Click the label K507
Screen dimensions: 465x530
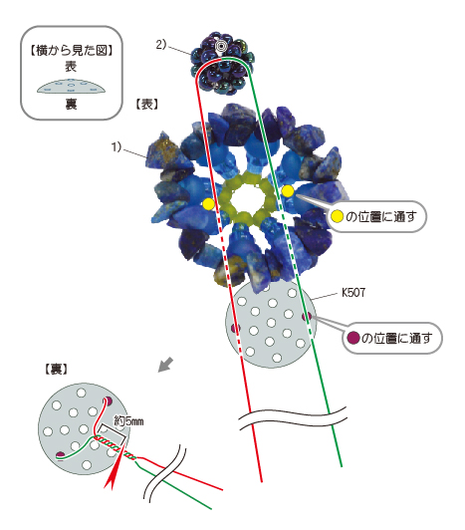coord(353,292)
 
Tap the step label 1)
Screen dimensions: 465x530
coord(116,147)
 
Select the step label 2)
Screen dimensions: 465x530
coord(161,44)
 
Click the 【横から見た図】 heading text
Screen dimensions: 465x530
coord(72,51)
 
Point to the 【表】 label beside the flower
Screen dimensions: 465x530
coord(146,105)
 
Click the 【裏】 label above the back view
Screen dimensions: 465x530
coord(56,369)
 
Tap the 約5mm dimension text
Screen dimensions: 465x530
coord(128,421)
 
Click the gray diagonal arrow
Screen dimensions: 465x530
coord(166,365)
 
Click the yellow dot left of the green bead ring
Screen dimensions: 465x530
coord(208,204)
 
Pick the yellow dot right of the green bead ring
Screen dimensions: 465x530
coord(288,191)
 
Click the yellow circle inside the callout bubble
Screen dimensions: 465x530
coord(337,216)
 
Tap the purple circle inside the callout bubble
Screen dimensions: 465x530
coord(353,338)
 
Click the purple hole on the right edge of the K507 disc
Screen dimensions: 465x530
coord(307,317)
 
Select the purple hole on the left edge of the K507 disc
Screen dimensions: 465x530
coord(235,328)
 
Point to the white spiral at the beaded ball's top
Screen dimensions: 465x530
coord(221,46)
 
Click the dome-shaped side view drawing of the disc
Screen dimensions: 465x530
coord(71,87)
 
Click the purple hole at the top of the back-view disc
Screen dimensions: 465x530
coord(109,400)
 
